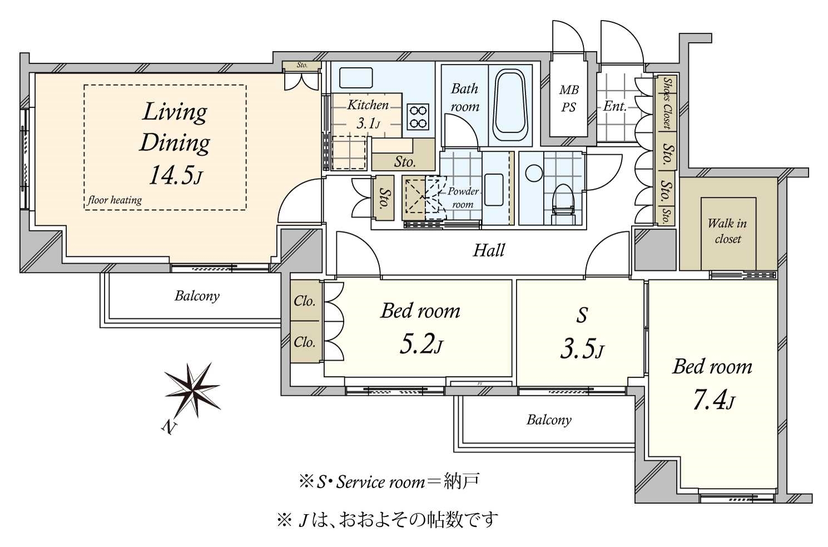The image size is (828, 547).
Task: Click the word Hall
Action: coord(488,251)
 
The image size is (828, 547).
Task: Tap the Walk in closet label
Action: coord(727,231)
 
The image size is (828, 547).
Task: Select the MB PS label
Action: coord(568,98)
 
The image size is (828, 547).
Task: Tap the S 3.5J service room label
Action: coord(581,334)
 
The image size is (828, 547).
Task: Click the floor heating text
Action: coord(115,200)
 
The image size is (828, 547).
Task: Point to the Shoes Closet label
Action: coord(667,103)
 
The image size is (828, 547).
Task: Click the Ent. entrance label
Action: coord(614,106)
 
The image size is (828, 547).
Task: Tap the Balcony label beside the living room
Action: coord(197,296)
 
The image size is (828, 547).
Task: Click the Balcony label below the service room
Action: coord(548,420)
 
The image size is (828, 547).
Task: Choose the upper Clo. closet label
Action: coord(304,301)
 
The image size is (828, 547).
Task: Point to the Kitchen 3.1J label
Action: coord(367,113)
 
